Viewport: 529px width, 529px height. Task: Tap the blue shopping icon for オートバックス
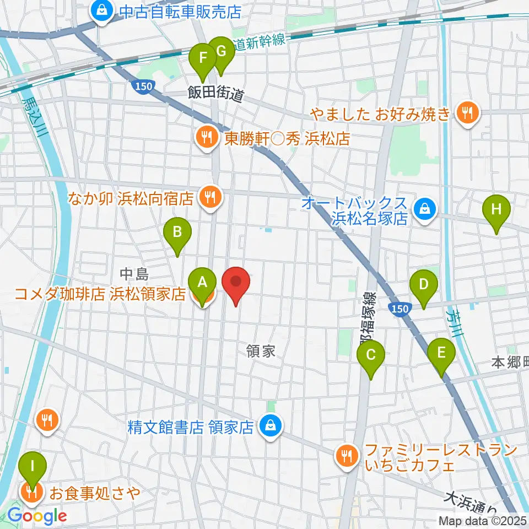click(425, 209)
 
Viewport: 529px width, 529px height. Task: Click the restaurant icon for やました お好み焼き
click(468, 114)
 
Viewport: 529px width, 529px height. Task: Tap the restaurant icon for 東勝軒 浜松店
click(207, 137)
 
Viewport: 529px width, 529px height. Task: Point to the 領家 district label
click(261, 350)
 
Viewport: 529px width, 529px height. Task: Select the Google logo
click(37, 516)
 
